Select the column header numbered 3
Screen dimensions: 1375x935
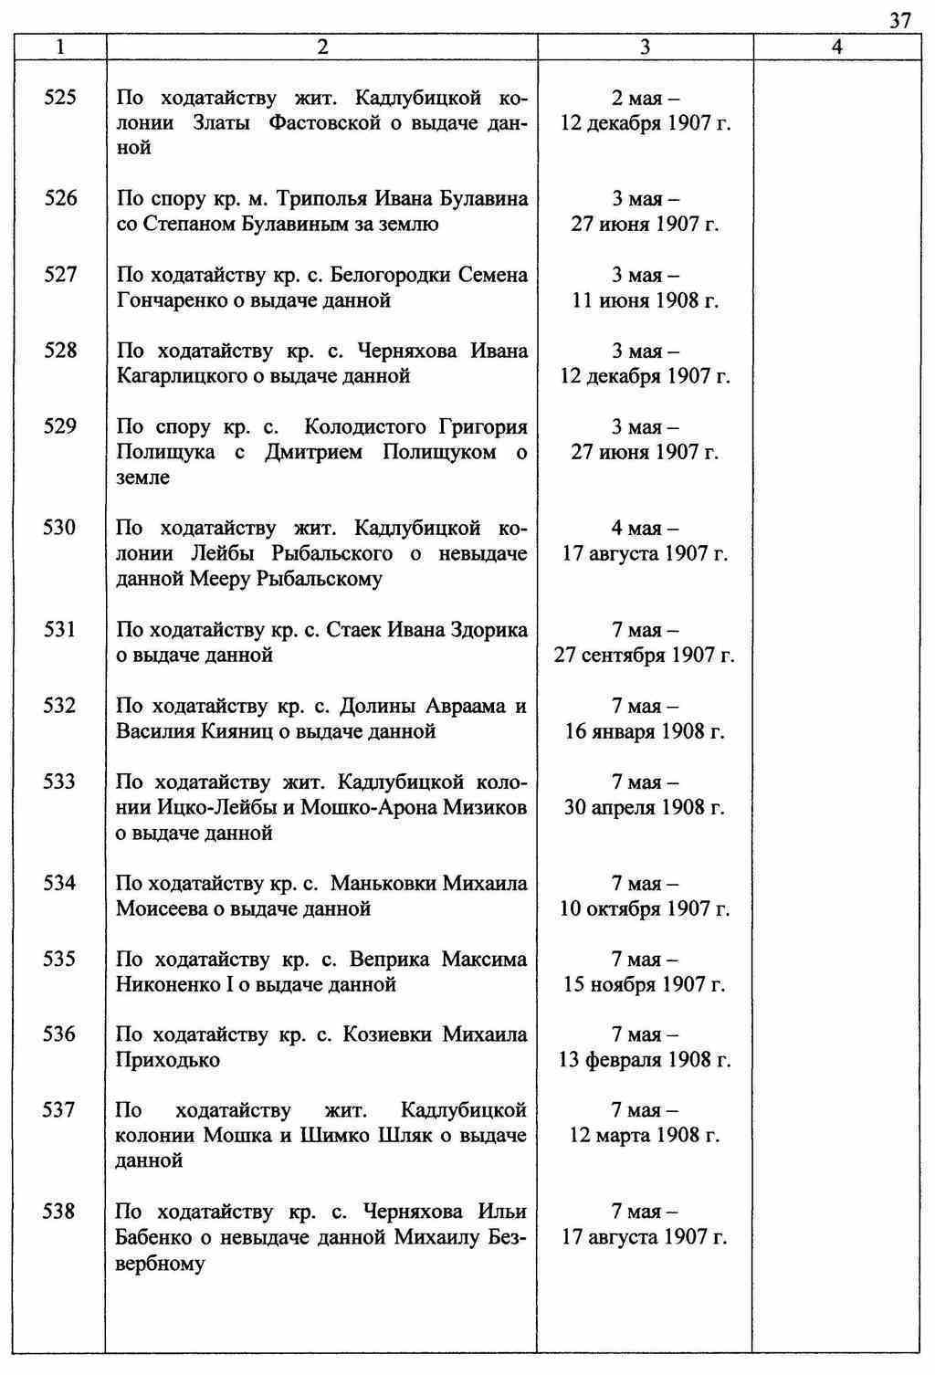point(645,48)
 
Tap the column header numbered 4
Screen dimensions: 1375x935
point(837,48)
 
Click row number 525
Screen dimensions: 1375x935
point(60,98)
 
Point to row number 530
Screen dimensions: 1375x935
point(60,528)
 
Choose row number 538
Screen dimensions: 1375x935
point(60,1212)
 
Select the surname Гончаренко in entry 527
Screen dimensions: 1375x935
point(163,300)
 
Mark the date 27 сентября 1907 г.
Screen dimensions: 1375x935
point(645,656)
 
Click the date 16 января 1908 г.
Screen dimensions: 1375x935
point(645,731)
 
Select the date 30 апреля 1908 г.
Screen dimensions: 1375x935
point(645,807)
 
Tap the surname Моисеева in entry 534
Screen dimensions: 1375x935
point(161,908)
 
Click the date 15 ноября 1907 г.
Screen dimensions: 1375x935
point(645,984)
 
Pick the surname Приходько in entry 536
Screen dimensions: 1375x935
point(168,1060)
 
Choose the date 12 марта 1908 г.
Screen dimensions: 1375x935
point(645,1136)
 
